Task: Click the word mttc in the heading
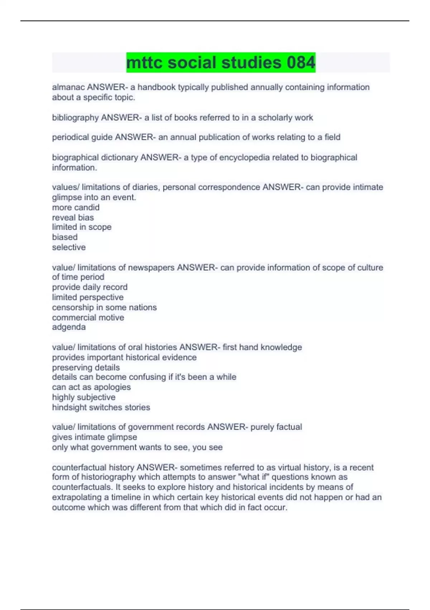144,62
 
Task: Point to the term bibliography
75,118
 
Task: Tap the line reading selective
69,247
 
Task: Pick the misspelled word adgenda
69,327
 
